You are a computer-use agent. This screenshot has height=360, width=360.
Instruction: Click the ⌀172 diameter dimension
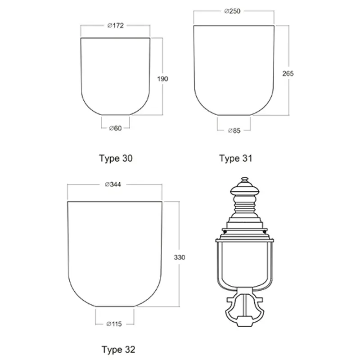[116, 26]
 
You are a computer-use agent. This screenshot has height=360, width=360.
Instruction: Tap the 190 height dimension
[162, 79]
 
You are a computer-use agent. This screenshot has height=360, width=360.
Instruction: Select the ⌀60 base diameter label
[115, 128]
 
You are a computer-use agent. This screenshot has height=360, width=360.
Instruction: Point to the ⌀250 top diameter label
[232, 11]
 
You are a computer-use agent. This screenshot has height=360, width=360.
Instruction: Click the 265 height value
[288, 73]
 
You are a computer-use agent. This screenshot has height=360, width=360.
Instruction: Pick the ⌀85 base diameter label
[234, 130]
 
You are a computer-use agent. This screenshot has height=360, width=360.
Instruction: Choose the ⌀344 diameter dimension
[113, 184]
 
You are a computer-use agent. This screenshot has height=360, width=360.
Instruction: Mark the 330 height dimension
[179, 257]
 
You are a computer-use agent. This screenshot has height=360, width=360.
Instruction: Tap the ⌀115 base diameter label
[114, 324]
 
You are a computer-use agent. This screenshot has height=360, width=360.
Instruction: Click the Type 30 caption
[116, 158]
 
